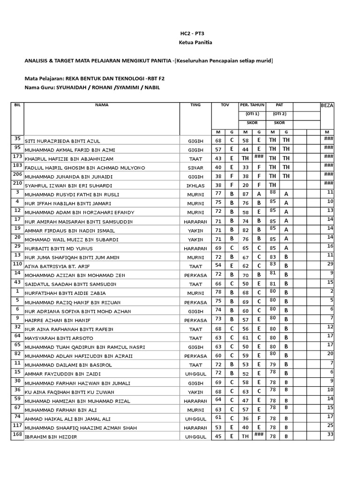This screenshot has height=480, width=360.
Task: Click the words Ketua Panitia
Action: tap(195, 43)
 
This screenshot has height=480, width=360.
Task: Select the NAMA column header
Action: tap(102, 105)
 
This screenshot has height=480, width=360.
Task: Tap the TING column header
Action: tap(195, 105)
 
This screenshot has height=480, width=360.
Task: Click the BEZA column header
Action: tap(327, 105)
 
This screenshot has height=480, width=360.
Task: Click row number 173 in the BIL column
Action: tap(17, 156)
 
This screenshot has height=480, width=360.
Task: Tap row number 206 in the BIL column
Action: tap(17, 174)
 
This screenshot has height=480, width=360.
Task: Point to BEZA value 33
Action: tap(330, 435)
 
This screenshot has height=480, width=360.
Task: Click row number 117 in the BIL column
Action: tap(17, 425)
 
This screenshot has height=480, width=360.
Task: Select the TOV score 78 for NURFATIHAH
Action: tap(218, 293)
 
